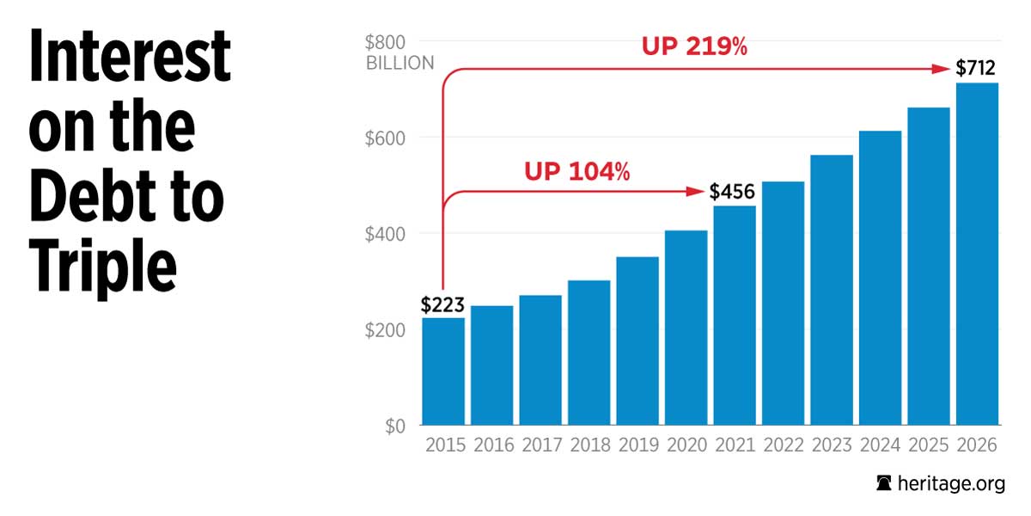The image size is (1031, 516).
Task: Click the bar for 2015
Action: click(x=443, y=372)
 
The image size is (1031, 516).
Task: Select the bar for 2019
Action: click(x=638, y=341)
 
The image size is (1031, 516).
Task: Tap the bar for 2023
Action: click(x=832, y=290)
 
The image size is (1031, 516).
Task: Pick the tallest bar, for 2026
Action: click(x=978, y=254)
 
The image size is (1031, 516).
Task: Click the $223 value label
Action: click(x=442, y=304)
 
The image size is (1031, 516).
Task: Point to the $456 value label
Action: click(x=732, y=192)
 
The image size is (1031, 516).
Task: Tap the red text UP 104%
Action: click(x=577, y=172)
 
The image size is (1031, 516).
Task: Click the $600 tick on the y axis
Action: click(x=385, y=138)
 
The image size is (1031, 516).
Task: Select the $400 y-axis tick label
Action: click(x=385, y=234)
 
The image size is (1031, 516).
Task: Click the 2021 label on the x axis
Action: click(x=735, y=445)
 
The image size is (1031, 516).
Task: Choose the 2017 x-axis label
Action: click(x=540, y=445)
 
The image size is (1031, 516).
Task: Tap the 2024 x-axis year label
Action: click(x=880, y=445)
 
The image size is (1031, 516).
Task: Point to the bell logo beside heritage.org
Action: click(x=883, y=484)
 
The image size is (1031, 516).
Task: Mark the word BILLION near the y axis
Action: click(x=400, y=63)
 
